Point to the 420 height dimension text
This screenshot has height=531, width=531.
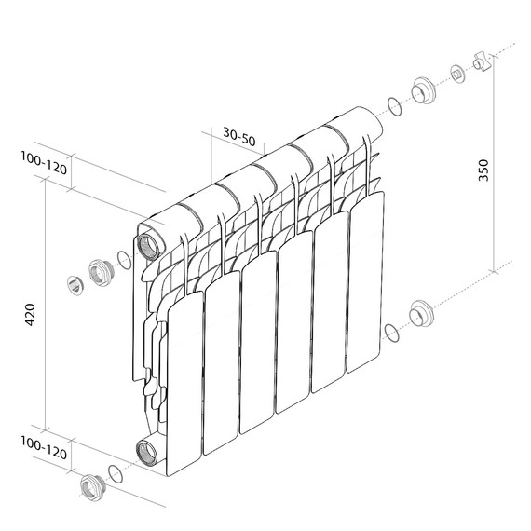click(30, 314)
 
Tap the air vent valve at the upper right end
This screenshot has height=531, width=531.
click(482, 61)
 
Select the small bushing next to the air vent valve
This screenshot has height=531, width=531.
click(457, 73)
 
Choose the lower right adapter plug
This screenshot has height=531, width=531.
click(421, 313)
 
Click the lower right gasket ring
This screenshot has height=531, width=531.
click(392, 331)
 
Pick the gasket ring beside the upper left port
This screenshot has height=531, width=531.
click(123, 260)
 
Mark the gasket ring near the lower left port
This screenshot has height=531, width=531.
click(116, 473)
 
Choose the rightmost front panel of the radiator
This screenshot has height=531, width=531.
click(365, 279)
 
